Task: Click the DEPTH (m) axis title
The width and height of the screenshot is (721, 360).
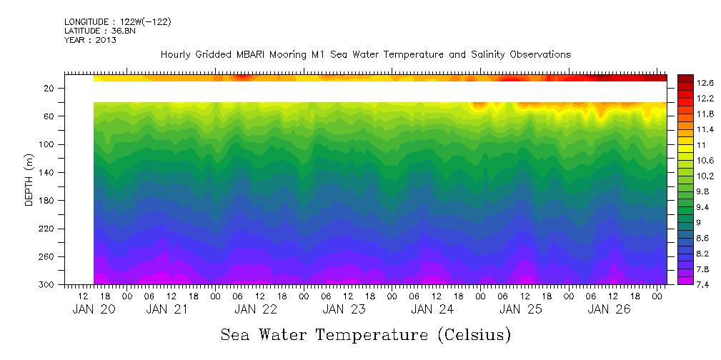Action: (29, 183)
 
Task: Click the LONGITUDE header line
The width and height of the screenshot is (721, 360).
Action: (117, 21)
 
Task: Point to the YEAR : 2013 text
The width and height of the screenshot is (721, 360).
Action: (90, 40)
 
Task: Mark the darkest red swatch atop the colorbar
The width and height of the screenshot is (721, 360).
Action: (685, 78)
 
